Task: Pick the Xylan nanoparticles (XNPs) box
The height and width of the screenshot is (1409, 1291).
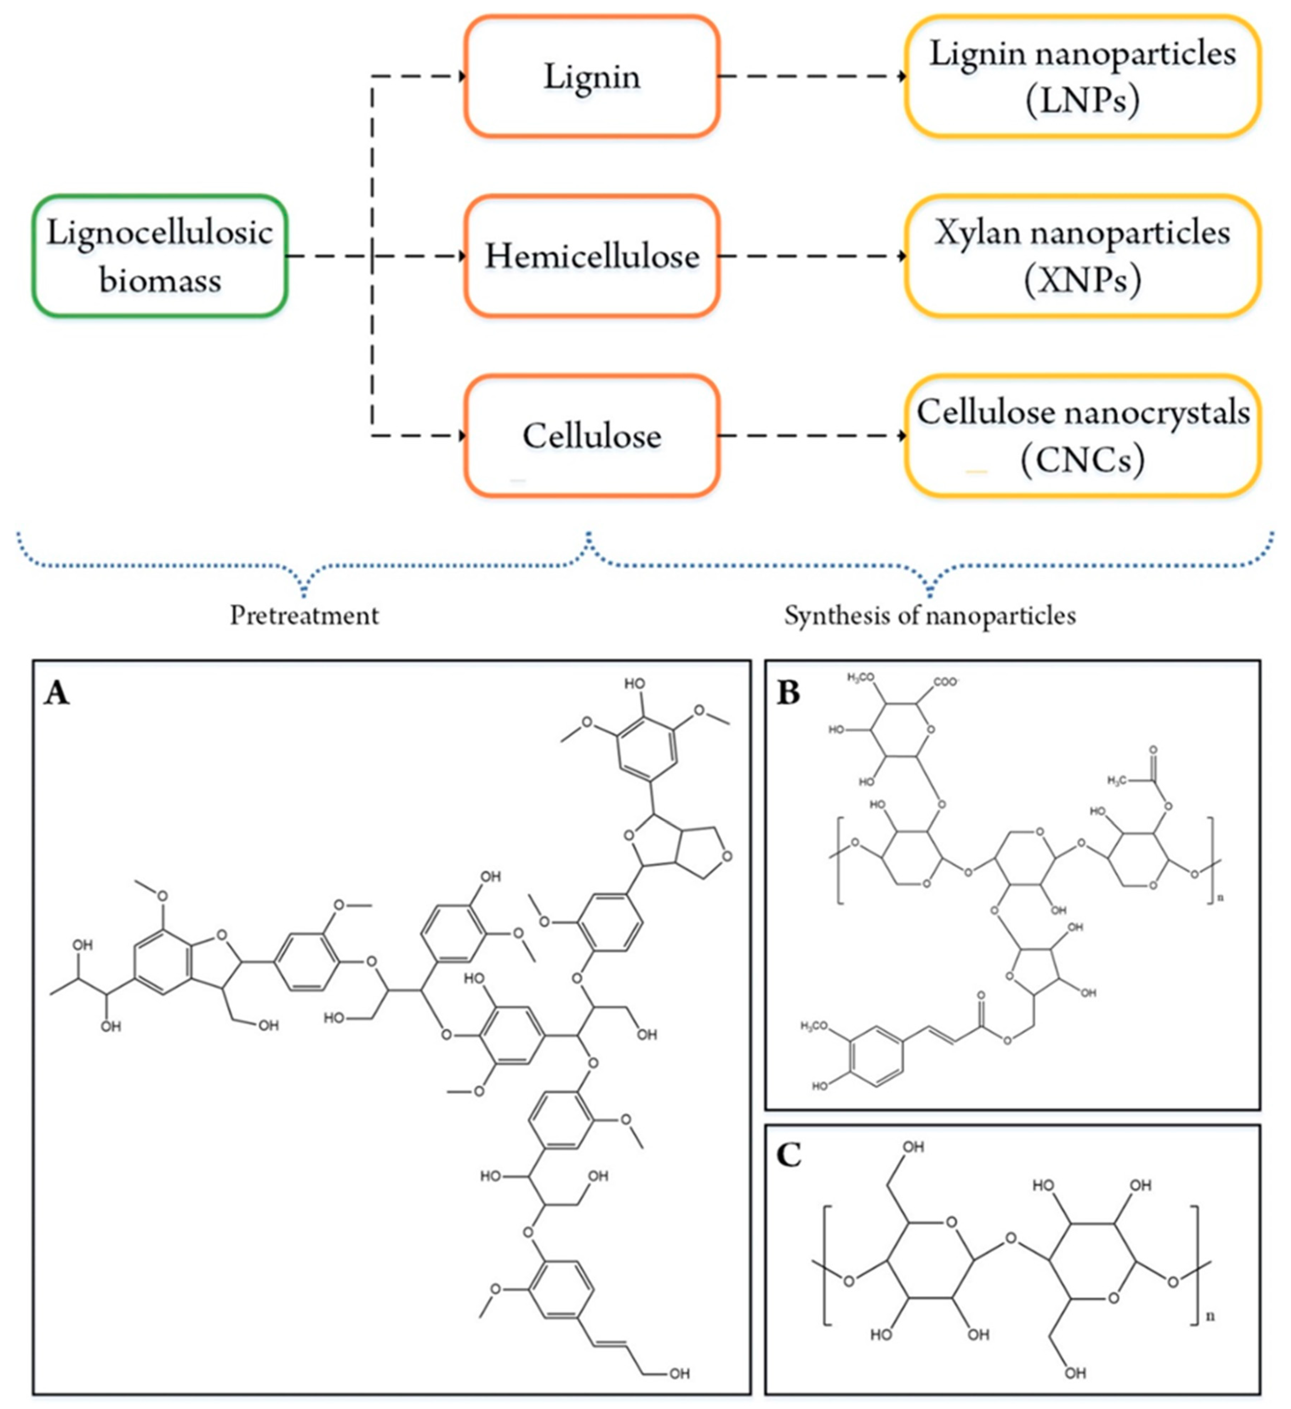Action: coord(1083,256)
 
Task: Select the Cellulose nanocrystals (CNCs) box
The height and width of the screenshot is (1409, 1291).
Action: coord(1083,435)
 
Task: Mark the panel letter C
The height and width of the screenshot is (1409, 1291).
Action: coord(789,1155)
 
